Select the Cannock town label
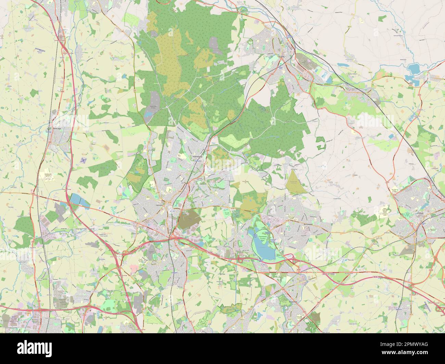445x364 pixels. [160, 205]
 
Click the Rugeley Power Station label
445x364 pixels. [304, 63]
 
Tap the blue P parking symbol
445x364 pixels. [99, 207]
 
